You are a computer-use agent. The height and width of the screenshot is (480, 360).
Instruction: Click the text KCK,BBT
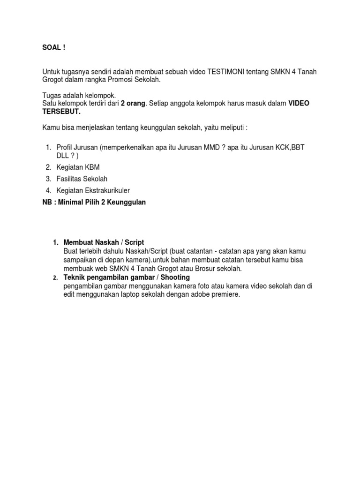[291, 148]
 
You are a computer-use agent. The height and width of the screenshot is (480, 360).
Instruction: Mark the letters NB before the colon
[47, 202]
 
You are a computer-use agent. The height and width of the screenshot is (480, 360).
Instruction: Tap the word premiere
[224, 295]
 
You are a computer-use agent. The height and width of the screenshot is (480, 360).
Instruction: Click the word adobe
[197, 295]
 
